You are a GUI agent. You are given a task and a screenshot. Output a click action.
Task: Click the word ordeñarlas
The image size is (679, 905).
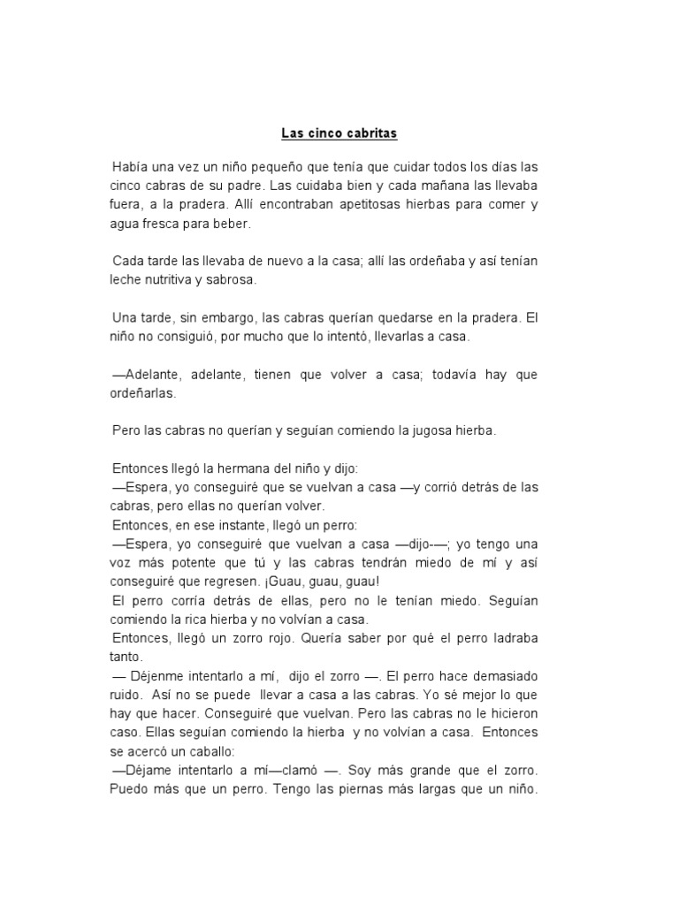click(x=143, y=393)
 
